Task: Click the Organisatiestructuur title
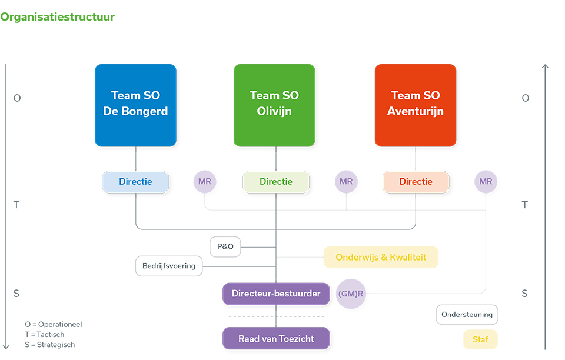point(57,17)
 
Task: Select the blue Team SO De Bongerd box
point(135,105)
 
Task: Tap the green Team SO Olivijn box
point(274,105)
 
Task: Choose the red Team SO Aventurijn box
point(416,105)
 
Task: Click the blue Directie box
point(135,182)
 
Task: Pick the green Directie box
point(276,182)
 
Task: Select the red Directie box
point(416,182)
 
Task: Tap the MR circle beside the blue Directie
point(205,182)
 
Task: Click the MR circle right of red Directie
point(486,182)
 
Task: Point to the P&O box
point(225,246)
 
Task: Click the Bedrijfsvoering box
point(169,266)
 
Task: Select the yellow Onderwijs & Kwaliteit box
point(381,257)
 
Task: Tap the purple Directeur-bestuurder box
point(276,294)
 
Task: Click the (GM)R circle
point(351,294)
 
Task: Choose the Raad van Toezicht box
point(276,339)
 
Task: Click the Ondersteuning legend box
point(467,315)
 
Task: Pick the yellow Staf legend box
point(480,339)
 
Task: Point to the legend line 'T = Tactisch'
point(45,335)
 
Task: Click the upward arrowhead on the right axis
point(545,67)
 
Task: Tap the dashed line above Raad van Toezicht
point(276,316)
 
